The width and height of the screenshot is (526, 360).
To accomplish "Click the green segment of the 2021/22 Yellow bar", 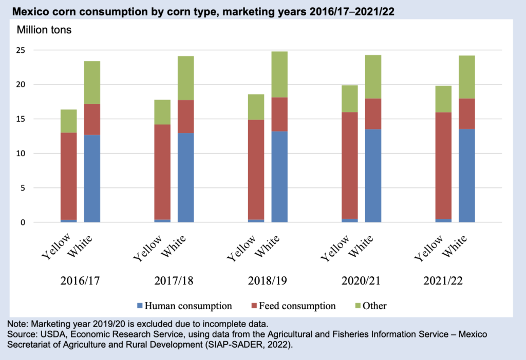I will tap(443, 99).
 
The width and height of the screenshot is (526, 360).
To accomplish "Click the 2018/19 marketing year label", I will tap(268, 281).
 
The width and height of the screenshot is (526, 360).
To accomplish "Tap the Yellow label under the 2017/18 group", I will tap(147, 247).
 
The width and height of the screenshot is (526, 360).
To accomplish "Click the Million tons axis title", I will tap(44, 30).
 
